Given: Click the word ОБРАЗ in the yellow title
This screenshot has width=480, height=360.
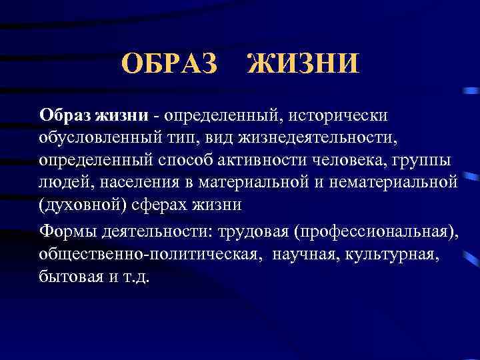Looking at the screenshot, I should coord(170,65).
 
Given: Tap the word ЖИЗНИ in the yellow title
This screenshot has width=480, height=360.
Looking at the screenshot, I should coord(303,65).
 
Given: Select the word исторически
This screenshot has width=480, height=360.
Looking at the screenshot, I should coord(338,115).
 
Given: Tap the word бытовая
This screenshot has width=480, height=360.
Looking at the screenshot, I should coord(69,276).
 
